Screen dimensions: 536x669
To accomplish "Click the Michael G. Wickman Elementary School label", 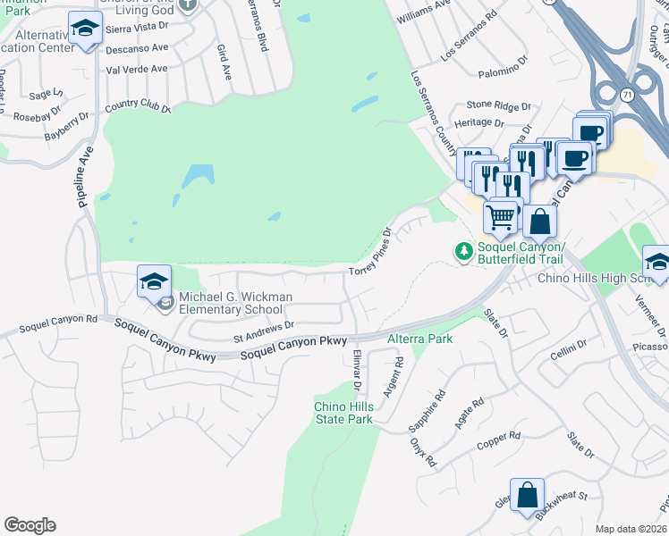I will [231, 304].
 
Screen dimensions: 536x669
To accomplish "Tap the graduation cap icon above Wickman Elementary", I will [154, 281].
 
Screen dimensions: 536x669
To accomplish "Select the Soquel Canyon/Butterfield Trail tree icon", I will [463, 252].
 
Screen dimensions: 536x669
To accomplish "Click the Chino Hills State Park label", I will [343, 413].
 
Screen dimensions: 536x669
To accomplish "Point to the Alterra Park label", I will [419, 339].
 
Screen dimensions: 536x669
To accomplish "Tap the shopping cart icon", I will [501, 215].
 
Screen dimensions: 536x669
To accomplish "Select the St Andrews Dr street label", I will [264, 332].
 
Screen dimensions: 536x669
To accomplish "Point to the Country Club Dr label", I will [137, 107].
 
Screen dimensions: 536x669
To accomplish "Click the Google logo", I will [30, 525].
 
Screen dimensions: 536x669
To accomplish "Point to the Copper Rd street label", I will [498, 440].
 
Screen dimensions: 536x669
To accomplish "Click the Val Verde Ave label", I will [137, 69].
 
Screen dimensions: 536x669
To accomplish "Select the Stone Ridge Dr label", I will [498, 105].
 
